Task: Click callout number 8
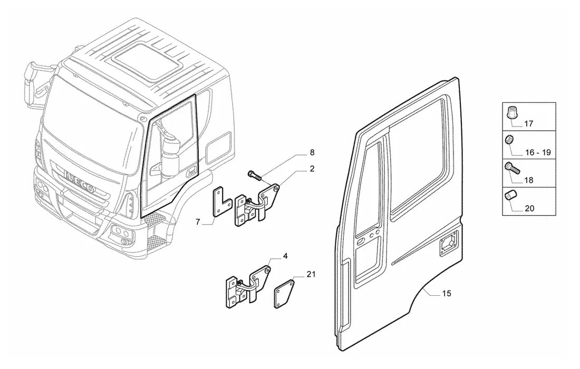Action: [312, 152]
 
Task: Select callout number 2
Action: [312, 169]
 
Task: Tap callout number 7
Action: [198, 222]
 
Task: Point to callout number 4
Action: [285, 256]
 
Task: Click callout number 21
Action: [311, 274]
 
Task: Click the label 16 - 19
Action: [538, 152]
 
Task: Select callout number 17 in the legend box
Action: [529, 124]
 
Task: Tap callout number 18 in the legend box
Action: [529, 180]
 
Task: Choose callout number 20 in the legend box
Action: [529, 208]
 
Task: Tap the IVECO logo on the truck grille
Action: [79, 181]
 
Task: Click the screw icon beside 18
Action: [513, 168]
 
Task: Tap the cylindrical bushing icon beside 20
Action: [510, 196]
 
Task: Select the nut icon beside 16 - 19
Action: [509, 140]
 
